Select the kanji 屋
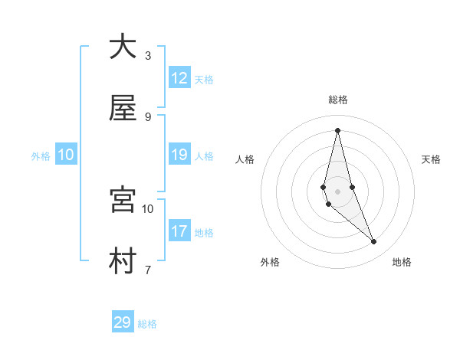coord(123,109)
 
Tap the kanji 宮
coord(123,199)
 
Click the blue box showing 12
coord(179,78)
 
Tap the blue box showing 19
coord(179,155)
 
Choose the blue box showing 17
coord(179,231)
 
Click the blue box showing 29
coord(123,322)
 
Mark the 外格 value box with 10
coord(66,155)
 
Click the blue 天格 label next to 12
coord(204,79)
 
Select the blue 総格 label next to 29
coord(147,323)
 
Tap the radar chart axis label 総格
coord(338,100)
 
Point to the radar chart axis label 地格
coord(402,262)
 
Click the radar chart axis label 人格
coord(245,159)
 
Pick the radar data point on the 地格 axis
coord(374,241)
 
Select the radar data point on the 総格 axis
coord(337,129)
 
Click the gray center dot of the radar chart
coord(337,191)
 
